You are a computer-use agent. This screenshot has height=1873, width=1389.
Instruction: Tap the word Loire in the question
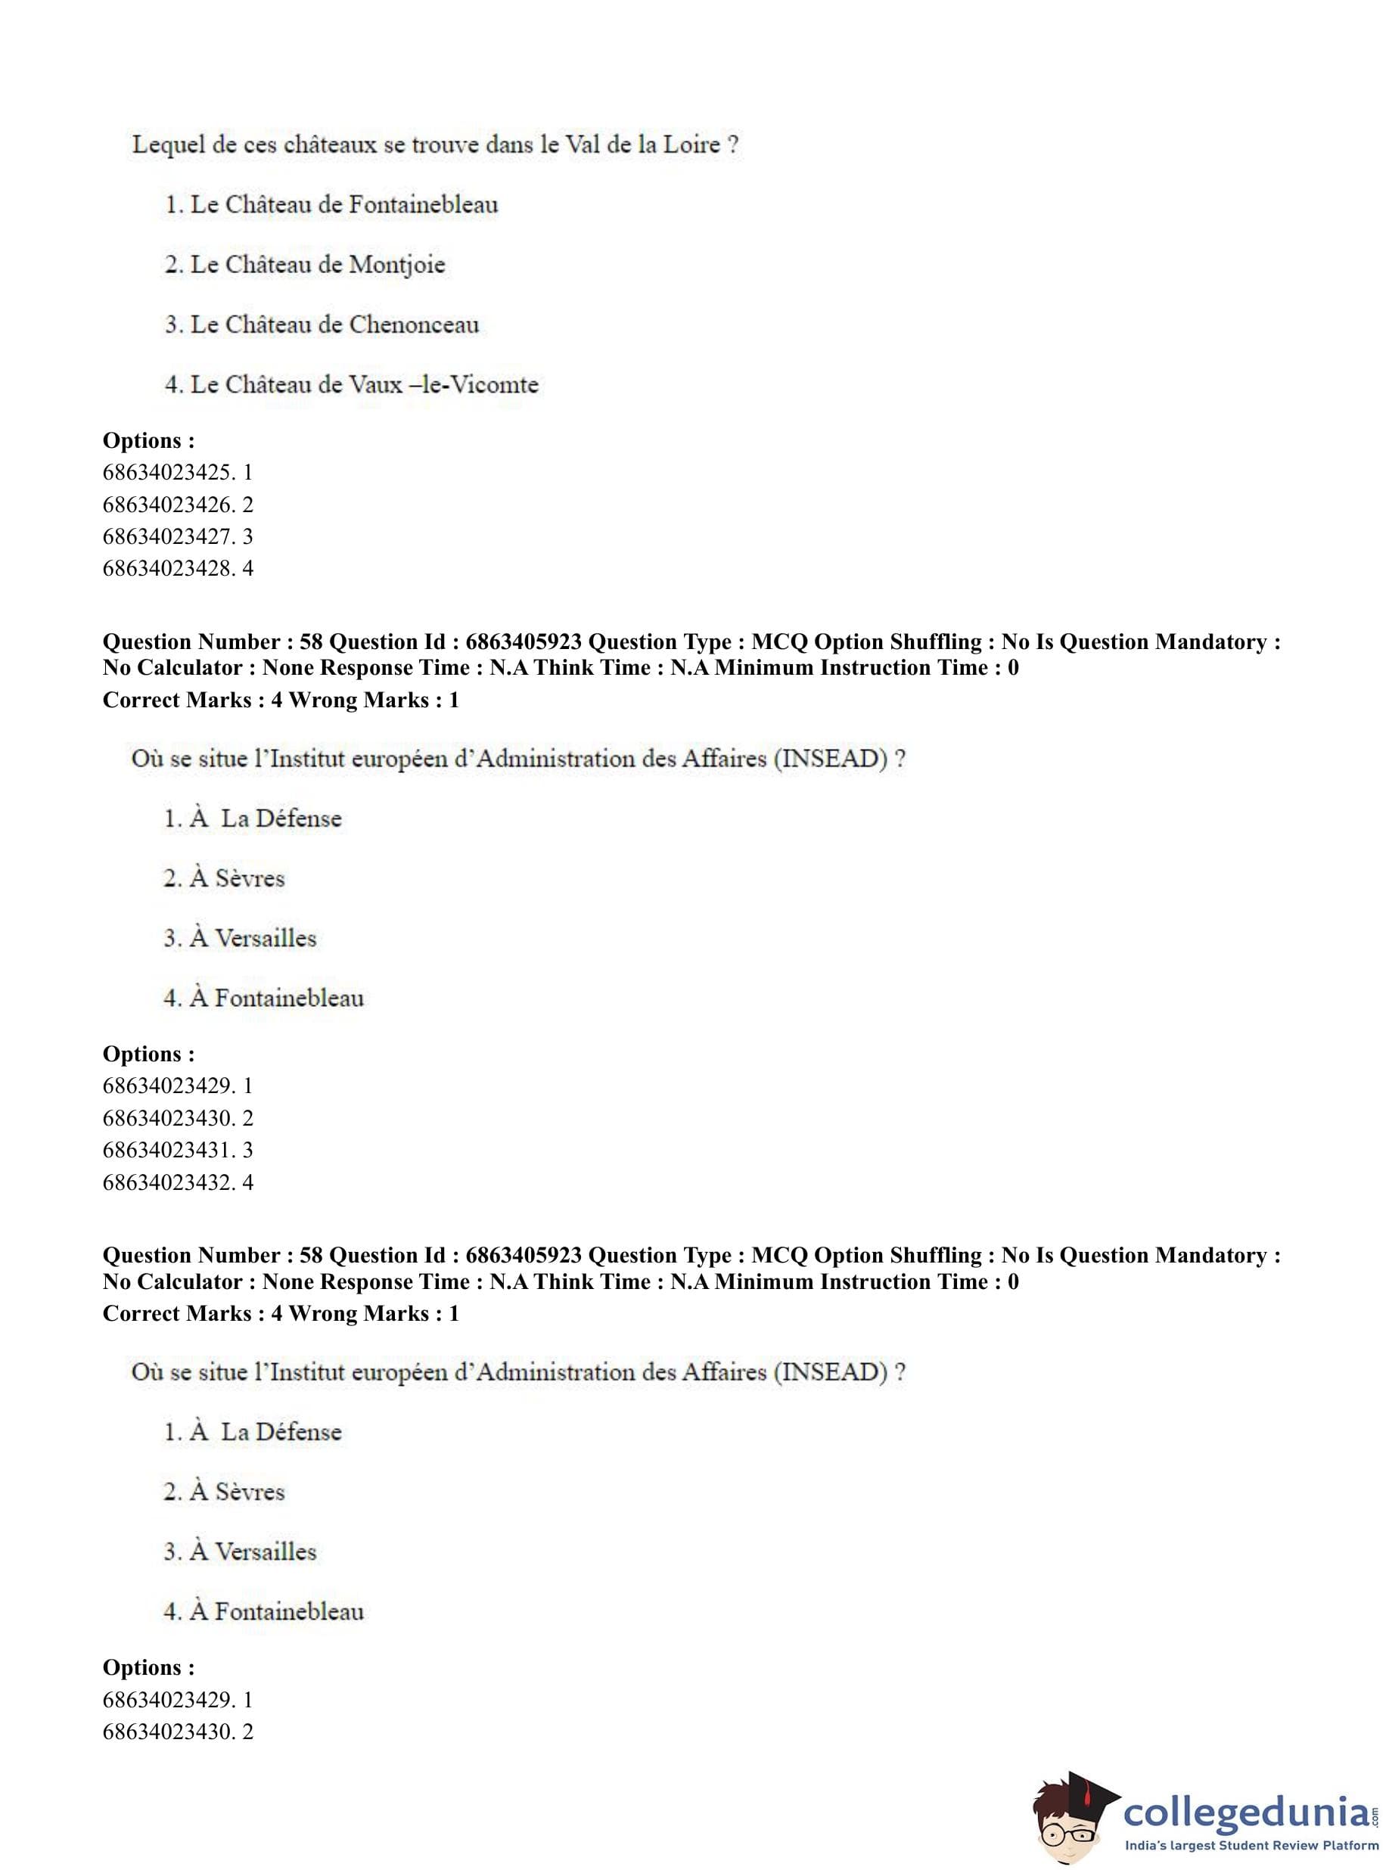tap(691, 144)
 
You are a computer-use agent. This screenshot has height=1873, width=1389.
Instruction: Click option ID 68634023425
tap(167, 473)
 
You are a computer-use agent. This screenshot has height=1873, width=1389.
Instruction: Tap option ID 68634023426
tap(167, 505)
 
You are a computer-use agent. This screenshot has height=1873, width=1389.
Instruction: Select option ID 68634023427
tap(167, 536)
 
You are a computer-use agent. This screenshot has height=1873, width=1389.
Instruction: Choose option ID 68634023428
tap(167, 568)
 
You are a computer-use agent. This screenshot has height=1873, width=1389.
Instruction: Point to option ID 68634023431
tap(167, 1150)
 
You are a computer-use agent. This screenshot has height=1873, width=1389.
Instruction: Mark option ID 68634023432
tap(167, 1182)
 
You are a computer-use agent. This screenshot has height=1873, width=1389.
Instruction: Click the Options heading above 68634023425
tap(148, 440)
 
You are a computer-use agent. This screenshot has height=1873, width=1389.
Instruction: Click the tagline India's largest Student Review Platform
tap(1251, 1846)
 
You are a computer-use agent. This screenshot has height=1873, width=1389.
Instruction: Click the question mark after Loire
tap(733, 144)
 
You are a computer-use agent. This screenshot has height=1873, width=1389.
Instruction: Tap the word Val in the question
tap(582, 144)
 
